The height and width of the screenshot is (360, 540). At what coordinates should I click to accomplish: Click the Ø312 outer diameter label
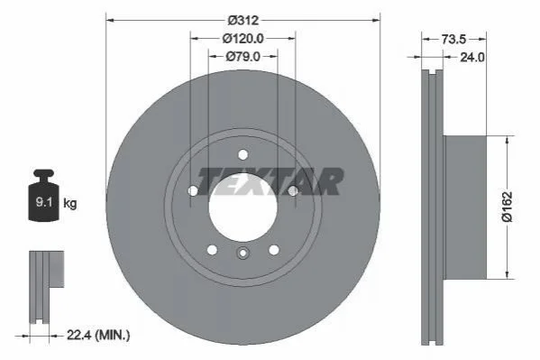(x=243, y=21)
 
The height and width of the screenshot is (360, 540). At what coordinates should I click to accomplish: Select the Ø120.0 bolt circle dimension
(x=243, y=39)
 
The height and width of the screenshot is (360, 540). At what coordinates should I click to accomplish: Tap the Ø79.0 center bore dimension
(x=243, y=56)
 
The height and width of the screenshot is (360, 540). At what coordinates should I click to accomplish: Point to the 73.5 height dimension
(x=453, y=40)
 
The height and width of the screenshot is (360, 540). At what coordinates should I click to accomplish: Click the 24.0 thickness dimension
(x=472, y=57)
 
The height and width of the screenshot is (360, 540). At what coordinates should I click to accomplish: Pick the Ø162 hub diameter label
(x=508, y=207)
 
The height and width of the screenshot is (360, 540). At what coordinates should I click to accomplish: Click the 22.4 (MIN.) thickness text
(x=98, y=335)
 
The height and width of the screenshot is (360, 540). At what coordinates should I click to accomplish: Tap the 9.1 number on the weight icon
(x=44, y=202)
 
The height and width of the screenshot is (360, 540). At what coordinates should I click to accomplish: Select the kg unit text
(x=70, y=203)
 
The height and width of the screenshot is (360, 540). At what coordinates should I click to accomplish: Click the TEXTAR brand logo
(x=270, y=181)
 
